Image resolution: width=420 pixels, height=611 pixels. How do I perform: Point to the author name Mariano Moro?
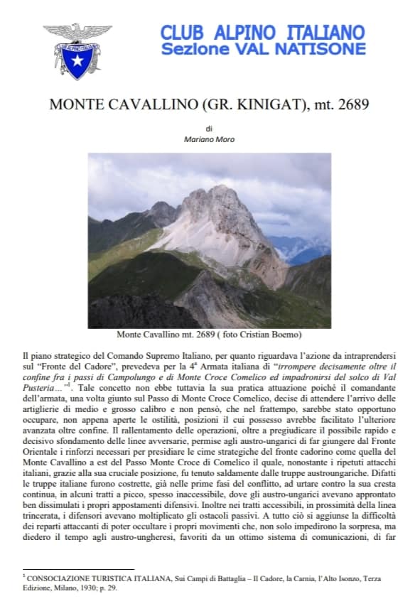[209, 139]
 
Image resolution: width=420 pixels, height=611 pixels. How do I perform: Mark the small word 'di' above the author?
[209, 129]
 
